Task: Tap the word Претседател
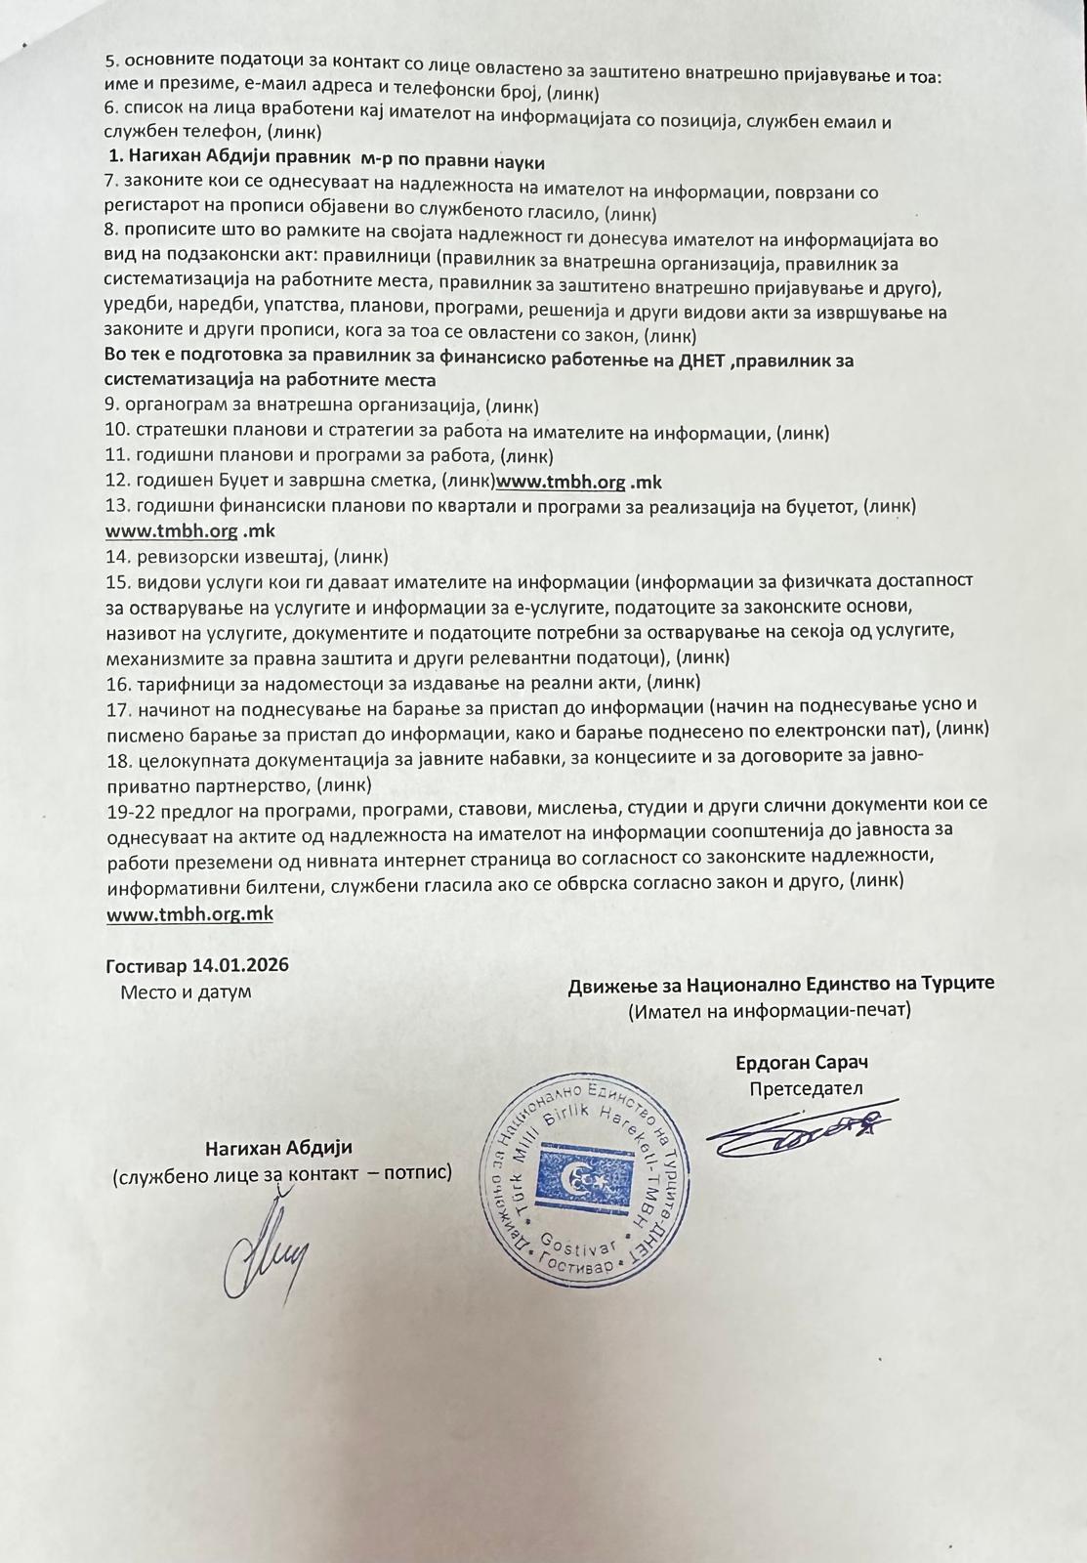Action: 806,1088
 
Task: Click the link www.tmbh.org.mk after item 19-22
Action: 189,913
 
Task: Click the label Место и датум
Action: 186,992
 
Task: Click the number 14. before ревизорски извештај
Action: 117,557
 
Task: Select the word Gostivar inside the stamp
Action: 587,1247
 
